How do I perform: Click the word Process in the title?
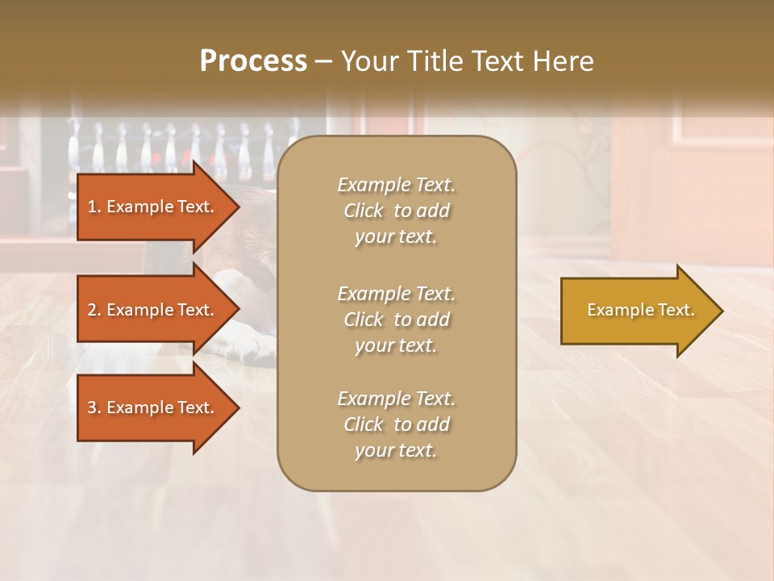253,61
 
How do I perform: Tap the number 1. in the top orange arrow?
94,207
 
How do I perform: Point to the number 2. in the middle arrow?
94,310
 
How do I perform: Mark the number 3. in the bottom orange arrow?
94,408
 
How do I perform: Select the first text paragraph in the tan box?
396,211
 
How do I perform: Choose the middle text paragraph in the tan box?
396,320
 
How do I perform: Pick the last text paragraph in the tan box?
396,424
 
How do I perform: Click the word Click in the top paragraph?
364,211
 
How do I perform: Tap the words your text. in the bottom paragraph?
396,450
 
